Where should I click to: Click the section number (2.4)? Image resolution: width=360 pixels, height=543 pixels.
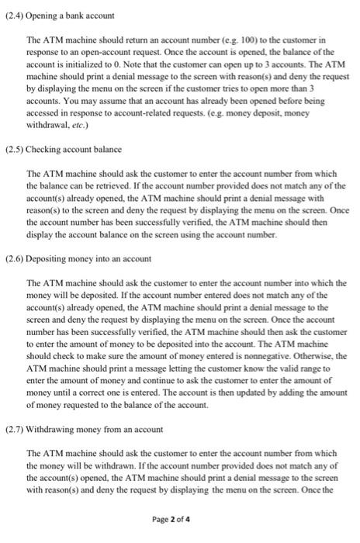pos(14,16)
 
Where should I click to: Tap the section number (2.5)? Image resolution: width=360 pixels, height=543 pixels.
pos(14,148)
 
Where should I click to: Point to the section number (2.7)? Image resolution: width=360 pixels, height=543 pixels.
pos(14,429)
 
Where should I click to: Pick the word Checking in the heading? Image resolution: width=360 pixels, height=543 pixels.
pos(43,148)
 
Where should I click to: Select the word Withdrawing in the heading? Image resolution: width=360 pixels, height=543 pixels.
pos(50,429)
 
